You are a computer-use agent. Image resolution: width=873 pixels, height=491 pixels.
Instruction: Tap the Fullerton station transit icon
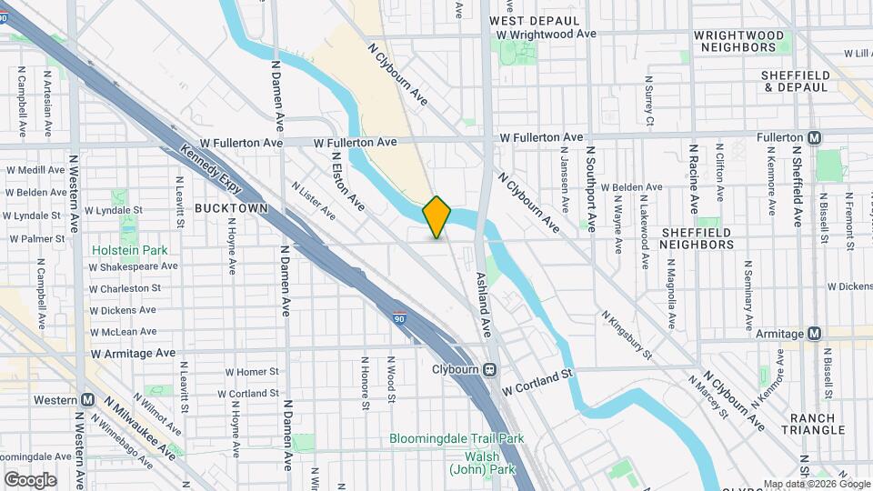click(x=814, y=137)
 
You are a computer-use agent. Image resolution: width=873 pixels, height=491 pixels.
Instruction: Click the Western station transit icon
click(x=87, y=400)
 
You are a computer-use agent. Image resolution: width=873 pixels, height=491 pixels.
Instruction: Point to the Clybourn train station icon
click(x=489, y=370)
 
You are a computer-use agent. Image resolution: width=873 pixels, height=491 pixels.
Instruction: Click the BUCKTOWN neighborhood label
click(x=231, y=208)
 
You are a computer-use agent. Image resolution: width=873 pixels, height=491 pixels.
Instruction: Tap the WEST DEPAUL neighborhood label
click(x=534, y=20)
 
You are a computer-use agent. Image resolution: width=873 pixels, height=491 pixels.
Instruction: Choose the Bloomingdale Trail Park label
click(x=457, y=438)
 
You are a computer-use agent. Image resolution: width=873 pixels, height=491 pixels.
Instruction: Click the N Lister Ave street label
click(x=314, y=200)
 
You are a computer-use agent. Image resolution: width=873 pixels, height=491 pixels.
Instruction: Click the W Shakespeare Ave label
click(x=133, y=266)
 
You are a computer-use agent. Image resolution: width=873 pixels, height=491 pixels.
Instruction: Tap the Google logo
click(x=30, y=479)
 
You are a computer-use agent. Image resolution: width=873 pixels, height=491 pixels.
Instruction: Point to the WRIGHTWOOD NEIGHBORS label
click(x=738, y=40)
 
